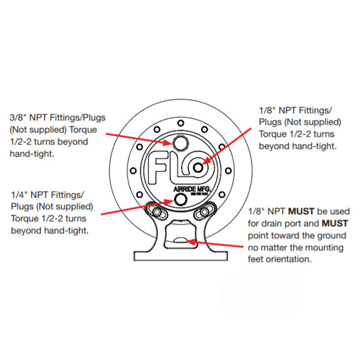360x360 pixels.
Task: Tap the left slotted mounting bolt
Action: (x=155, y=211)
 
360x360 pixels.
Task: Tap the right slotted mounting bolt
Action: (x=205, y=211)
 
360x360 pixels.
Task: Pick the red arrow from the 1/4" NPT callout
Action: (x=137, y=207)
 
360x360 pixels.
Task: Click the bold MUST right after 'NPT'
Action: (x=301, y=212)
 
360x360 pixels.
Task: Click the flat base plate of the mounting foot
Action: (x=180, y=256)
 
